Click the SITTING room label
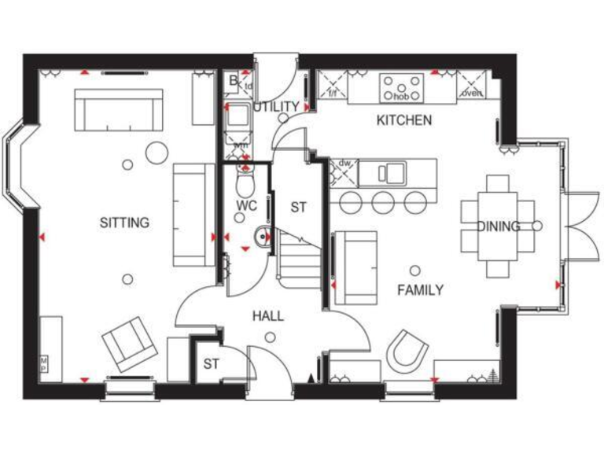point(124,223)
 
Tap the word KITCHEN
point(403,120)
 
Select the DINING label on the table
point(498,226)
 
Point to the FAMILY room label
point(420,290)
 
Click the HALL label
point(268,316)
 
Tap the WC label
point(247,206)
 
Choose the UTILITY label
point(276,107)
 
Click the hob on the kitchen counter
point(401,86)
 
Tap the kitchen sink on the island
point(392,171)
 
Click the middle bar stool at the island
point(383,202)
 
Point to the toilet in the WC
point(245,183)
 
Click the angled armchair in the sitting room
point(129,344)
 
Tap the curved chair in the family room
point(409,350)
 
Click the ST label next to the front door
point(211,363)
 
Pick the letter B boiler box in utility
point(234,80)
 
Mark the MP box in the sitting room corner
point(45,363)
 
